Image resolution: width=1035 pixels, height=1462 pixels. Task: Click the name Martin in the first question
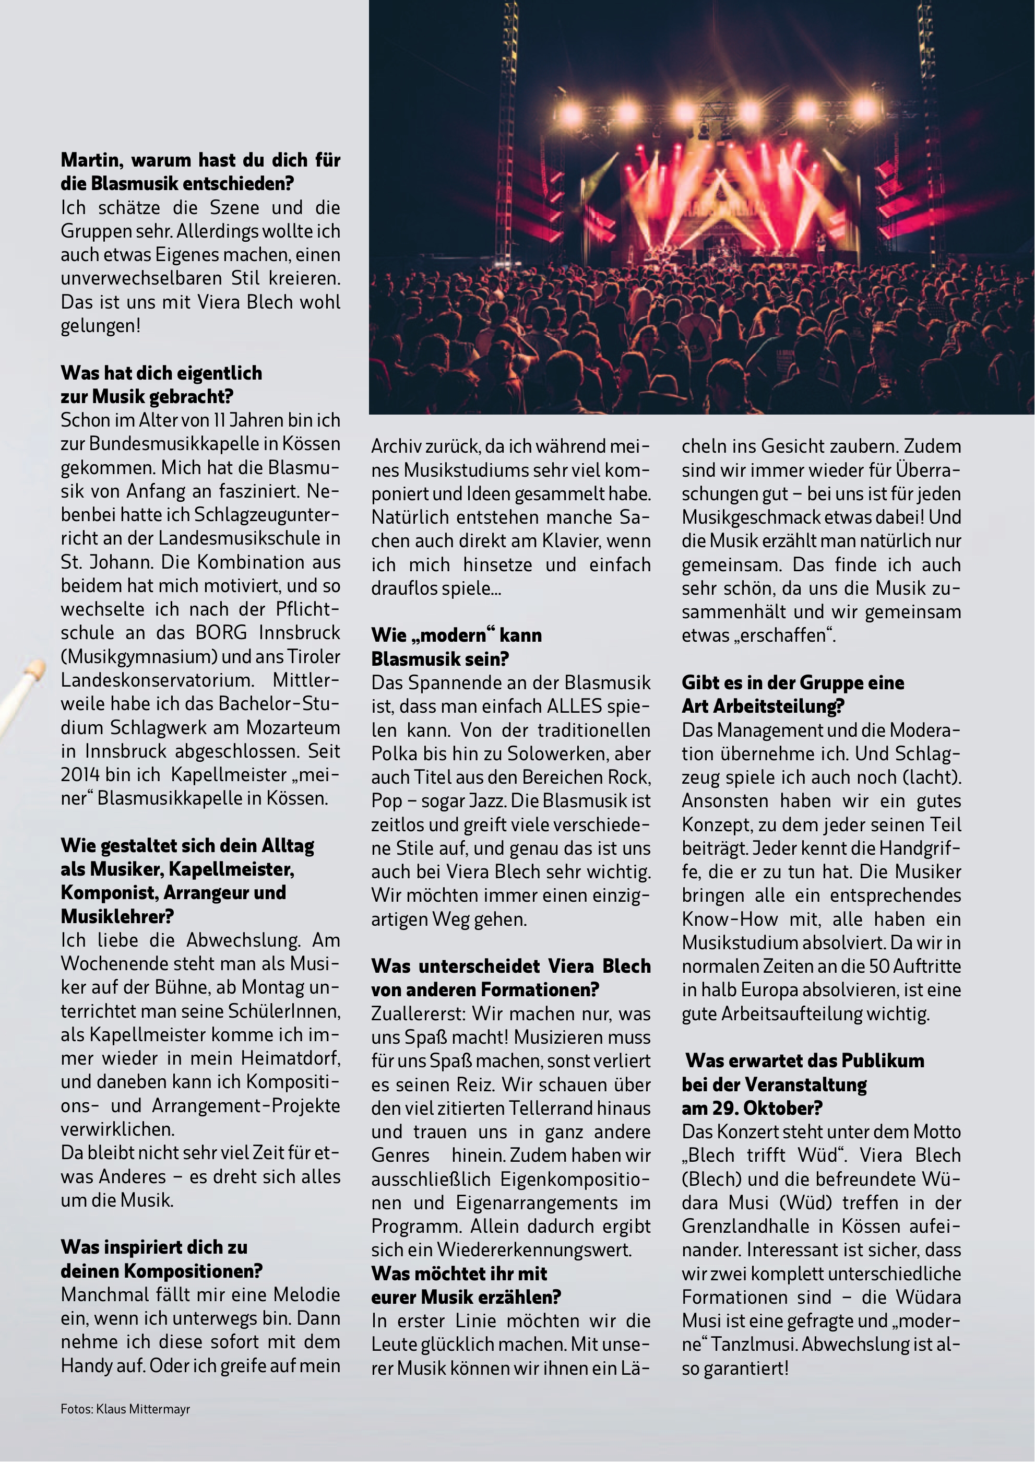[92, 160]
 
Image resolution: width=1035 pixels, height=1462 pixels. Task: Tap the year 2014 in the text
[80, 775]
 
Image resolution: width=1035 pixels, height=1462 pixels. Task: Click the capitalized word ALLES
[574, 706]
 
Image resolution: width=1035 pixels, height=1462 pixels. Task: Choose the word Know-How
[730, 919]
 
